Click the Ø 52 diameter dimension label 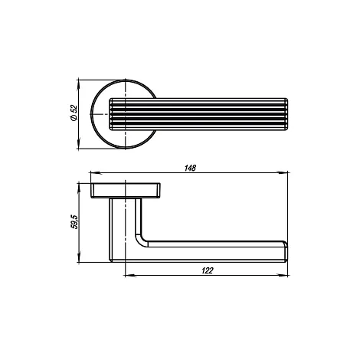74,113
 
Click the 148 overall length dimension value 190,168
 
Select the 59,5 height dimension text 74,222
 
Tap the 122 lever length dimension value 207,270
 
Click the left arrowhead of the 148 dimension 96,173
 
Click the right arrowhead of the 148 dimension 283,173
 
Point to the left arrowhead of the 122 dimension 129,276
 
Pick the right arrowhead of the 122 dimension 283,276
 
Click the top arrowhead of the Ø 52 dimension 79,85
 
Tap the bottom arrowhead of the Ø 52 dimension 79,143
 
